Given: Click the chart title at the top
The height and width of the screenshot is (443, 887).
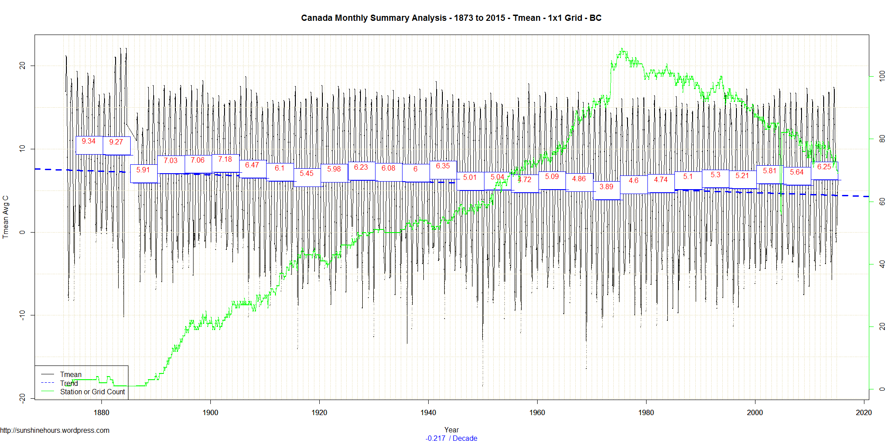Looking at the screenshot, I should tap(451, 18).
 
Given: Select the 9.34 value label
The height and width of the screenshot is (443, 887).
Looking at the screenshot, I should tap(89, 141).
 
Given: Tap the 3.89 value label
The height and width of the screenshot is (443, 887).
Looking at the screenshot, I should tap(606, 187).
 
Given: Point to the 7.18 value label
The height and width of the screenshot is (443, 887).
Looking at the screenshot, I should tap(225, 159).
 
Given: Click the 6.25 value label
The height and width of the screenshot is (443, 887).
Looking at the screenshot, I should tap(824, 167).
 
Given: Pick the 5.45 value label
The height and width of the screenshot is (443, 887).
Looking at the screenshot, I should tap(306, 173).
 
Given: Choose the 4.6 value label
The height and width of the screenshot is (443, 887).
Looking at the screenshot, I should tap(634, 180).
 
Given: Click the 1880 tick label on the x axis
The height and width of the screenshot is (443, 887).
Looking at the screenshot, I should tap(101, 412).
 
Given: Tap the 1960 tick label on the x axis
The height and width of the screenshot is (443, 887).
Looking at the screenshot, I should tap(537, 412).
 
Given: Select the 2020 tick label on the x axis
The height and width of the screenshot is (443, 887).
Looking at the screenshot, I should tap(864, 412).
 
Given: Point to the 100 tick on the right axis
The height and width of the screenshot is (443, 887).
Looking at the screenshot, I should tap(882, 76).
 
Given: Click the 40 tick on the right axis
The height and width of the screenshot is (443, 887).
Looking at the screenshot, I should tap(882, 264).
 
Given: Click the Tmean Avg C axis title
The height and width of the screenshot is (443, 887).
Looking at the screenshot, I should tap(6, 217).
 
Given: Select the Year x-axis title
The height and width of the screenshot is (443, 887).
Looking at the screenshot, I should tap(451, 430).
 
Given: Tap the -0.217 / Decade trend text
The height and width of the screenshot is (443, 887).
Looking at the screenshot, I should tap(451, 438).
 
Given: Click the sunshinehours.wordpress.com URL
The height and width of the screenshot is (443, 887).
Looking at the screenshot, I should tap(55, 430).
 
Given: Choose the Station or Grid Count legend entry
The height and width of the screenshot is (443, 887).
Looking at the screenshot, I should tap(93, 392).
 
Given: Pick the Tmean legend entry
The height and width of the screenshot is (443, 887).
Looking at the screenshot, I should tap(71, 374).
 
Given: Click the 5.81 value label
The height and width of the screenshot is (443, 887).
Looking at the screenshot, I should tap(770, 171).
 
